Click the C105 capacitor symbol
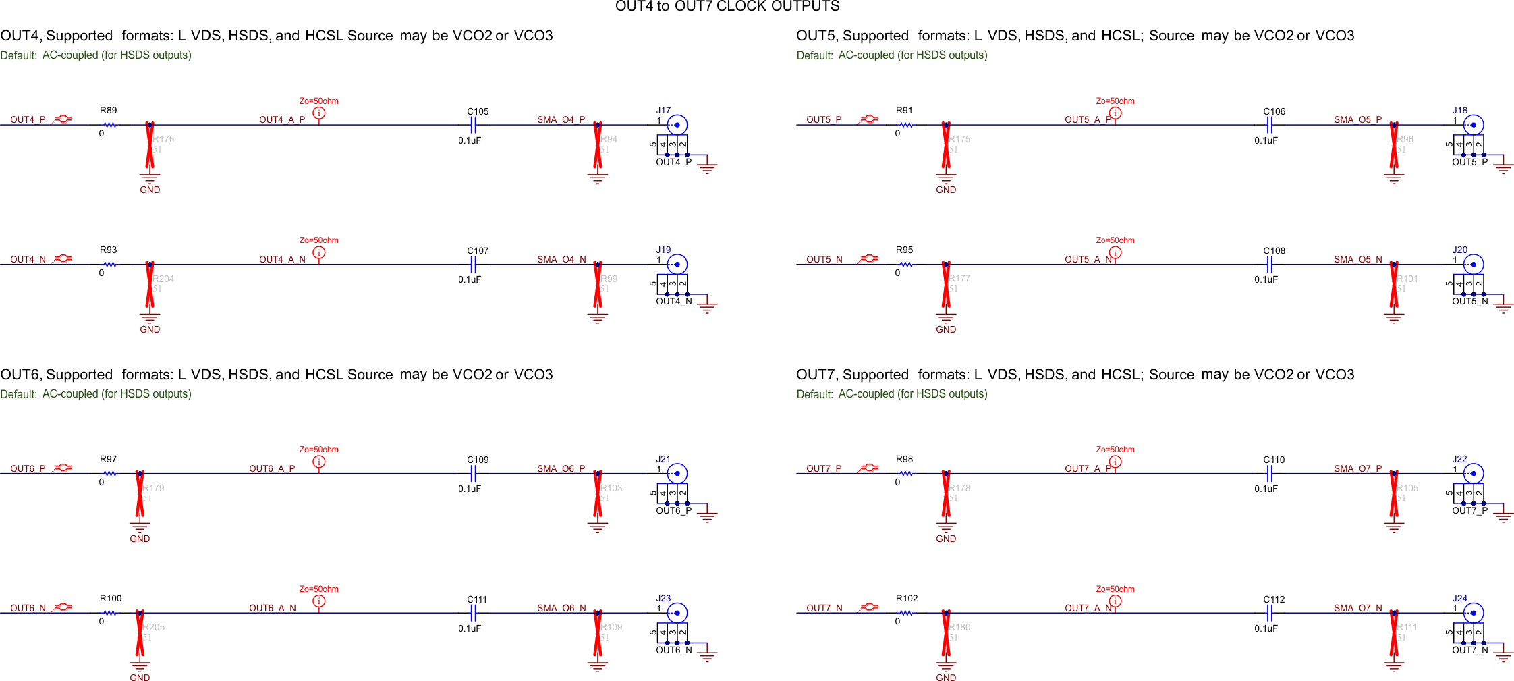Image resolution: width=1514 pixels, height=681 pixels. (474, 125)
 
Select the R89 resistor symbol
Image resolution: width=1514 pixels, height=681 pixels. (109, 125)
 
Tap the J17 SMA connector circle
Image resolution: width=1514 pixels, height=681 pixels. (677, 125)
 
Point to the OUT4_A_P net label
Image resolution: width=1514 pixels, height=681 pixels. (282, 120)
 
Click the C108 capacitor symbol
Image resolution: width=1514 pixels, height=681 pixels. (1270, 264)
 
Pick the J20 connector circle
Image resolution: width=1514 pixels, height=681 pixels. (1473, 264)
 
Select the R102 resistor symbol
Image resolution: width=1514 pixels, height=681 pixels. (906, 613)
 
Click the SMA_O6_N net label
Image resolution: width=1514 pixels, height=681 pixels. (561, 608)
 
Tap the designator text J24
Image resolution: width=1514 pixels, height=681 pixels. (1459, 599)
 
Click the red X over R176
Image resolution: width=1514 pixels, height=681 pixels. (150, 144)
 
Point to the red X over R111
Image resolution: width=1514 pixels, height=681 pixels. (1394, 632)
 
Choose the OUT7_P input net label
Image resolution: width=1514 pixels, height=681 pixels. (824, 469)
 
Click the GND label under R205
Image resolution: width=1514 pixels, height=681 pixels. (140, 677)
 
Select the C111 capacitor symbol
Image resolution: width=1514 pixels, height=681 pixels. (474, 613)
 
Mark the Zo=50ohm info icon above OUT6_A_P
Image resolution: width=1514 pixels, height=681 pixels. (319, 462)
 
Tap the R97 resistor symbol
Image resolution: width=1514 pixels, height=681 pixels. (109, 474)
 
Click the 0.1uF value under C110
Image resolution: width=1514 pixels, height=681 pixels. (1266, 489)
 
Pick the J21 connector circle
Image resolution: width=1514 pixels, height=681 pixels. (677, 474)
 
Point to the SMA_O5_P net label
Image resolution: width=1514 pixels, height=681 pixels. (1357, 120)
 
